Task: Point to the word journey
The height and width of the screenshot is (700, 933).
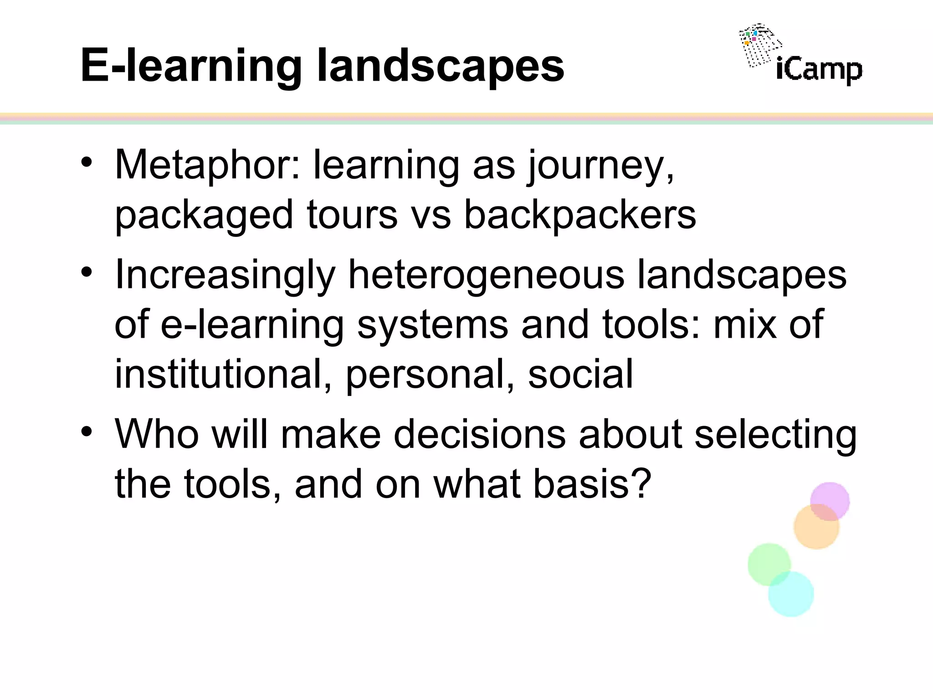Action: click(600, 167)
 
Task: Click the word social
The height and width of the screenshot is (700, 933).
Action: click(580, 374)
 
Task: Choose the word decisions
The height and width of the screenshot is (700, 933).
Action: click(479, 434)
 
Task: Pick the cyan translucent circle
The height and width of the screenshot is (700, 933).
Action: click(792, 595)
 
